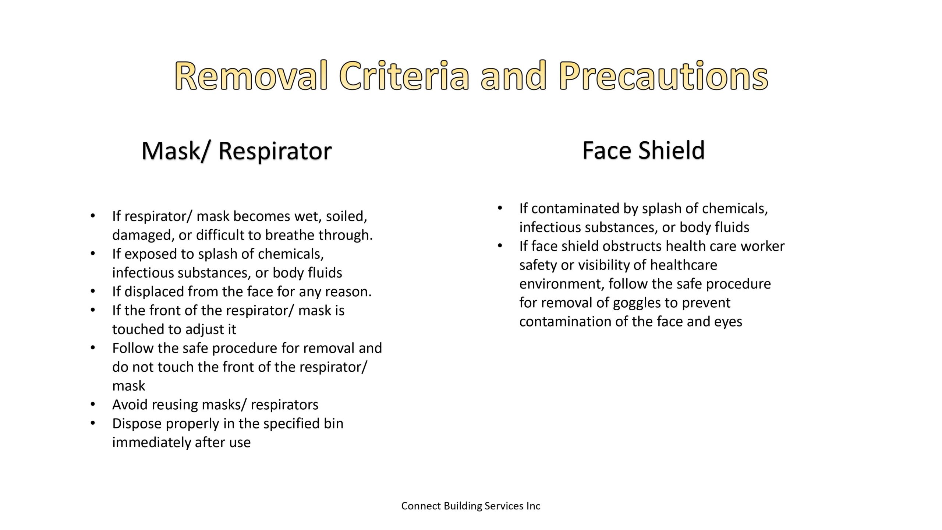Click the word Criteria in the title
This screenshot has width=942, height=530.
404,76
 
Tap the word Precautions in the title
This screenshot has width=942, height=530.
663,76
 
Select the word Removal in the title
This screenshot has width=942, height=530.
251,76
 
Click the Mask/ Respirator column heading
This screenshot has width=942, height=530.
237,151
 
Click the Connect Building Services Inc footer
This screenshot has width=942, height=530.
471,506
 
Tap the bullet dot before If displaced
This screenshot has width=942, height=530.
93,291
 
